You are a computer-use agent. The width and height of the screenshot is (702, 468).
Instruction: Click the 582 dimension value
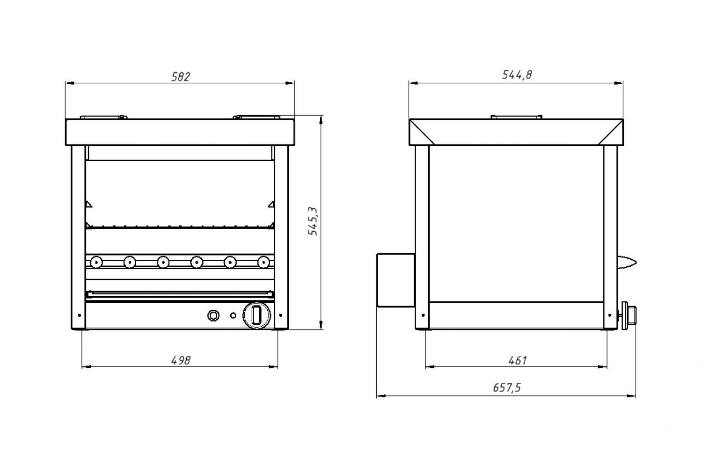[x=181, y=76]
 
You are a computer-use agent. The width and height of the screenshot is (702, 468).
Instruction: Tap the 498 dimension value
[x=181, y=360]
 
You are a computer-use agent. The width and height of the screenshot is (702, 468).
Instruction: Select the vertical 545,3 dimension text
[x=313, y=221]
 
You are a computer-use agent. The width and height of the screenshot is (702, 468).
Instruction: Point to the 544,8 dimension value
[x=517, y=74]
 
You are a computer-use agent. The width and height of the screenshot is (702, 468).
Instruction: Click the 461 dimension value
[x=518, y=360]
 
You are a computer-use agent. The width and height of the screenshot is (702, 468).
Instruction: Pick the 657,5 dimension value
[x=507, y=388]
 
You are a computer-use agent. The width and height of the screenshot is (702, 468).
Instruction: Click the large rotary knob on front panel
[x=256, y=315]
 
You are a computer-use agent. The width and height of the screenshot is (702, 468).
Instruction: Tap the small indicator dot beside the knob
[x=233, y=315]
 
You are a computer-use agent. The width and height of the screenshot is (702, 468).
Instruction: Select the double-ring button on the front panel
[x=213, y=315]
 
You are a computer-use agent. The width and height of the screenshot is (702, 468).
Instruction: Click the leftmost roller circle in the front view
[x=96, y=262]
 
